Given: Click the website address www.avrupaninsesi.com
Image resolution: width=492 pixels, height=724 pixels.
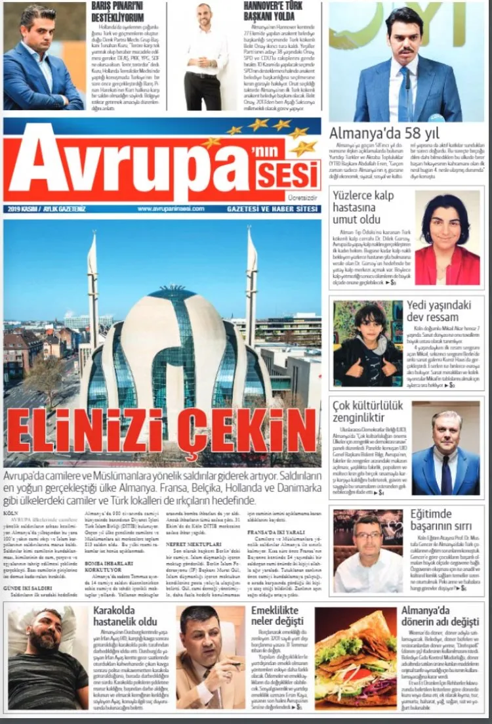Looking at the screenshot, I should [171, 209].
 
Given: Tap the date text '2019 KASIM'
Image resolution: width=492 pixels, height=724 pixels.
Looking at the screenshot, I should [26, 209].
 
